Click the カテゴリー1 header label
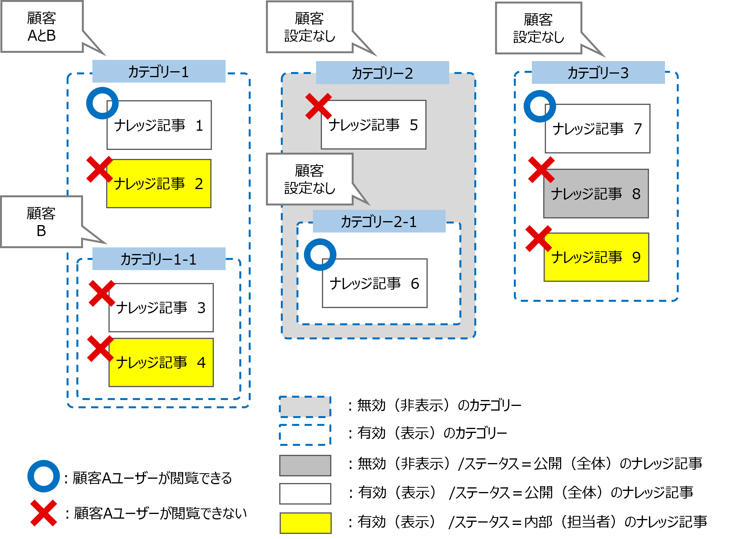[x=159, y=72]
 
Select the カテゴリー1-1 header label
[x=159, y=259]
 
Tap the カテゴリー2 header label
[x=382, y=73]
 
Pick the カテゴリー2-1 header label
[x=379, y=222]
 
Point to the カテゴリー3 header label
[x=598, y=73]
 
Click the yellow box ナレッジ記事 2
[x=159, y=184]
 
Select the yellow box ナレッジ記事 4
[x=161, y=362]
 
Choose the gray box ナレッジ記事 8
[x=596, y=194]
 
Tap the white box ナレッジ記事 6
[x=374, y=283]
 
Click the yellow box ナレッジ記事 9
[x=596, y=257]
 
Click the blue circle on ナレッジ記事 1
[x=102, y=103]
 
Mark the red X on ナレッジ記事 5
[x=318, y=106]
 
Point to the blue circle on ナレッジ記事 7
[x=540, y=106]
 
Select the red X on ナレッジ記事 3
[x=102, y=293]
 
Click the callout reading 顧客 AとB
[x=42, y=27]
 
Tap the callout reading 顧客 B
[x=42, y=222]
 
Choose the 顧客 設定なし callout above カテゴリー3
[x=539, y=28]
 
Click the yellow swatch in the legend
[x=305, y=523]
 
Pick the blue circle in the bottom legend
[x=43, y=476]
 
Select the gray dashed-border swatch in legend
[x=305, y=407]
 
